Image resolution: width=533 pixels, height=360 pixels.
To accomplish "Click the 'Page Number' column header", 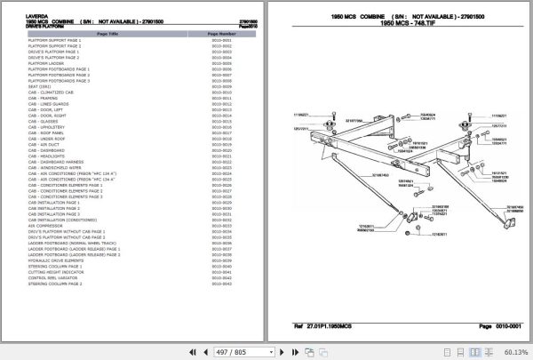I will (221, 32).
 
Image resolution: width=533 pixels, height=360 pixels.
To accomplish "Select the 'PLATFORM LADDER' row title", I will (46, 64).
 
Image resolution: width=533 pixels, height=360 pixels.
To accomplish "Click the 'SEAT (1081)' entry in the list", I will (41, 86).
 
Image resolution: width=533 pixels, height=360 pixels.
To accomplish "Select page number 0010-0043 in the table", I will (221, 284).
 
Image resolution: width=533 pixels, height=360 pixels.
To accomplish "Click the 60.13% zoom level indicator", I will (514, 351).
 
